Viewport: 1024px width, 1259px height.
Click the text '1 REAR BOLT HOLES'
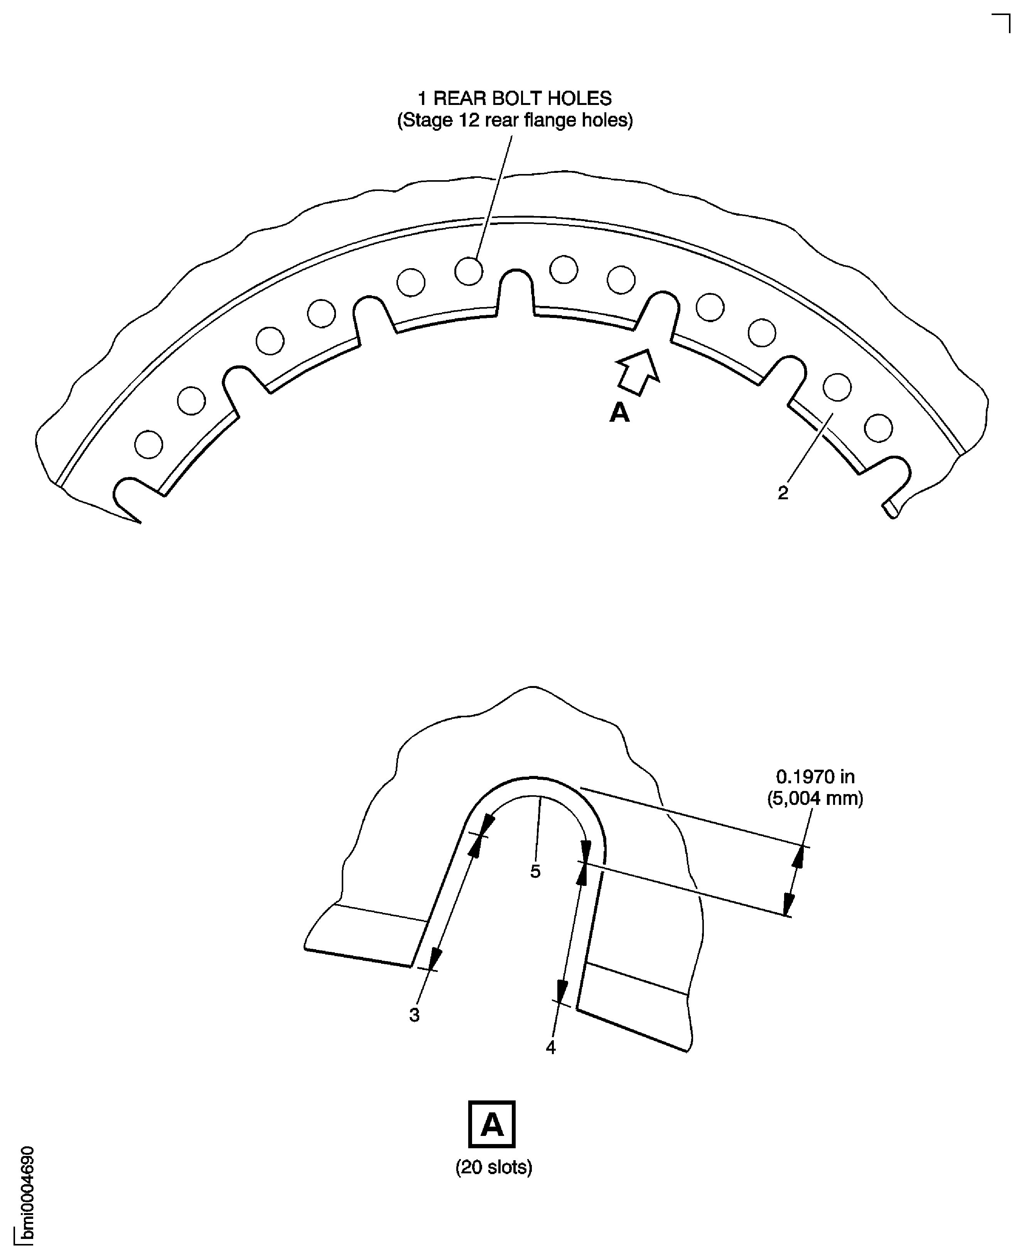[x=515, y=98]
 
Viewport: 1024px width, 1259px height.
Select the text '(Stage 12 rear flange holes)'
[x=515, y=120]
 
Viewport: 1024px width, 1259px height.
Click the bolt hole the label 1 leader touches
[x=469, y=271]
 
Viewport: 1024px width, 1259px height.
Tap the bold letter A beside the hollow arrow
[x=619, y=412]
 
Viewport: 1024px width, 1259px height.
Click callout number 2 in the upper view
[x=783, y=493]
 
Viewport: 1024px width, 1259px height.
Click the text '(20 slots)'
[x=494, y=1167]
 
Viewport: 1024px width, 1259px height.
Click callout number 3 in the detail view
[x=414, y=1015]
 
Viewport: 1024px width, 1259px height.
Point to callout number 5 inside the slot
[x=535, y=871]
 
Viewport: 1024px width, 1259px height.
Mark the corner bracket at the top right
[x=1002, y=22]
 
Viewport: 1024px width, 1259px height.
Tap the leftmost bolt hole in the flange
[x=148, y=444]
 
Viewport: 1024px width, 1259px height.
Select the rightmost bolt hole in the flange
[x=878, y=428]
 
